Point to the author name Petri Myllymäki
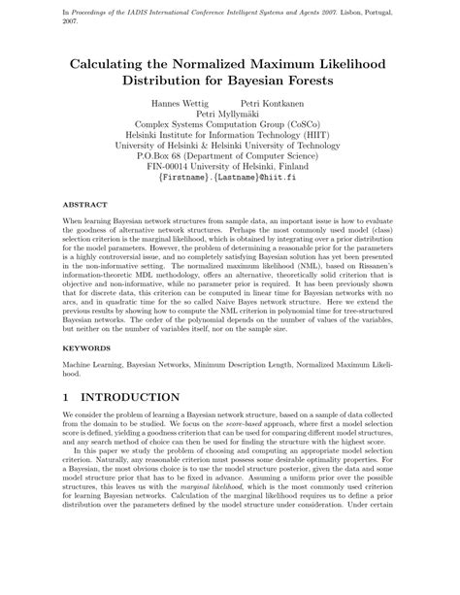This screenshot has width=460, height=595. [230, 114]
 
